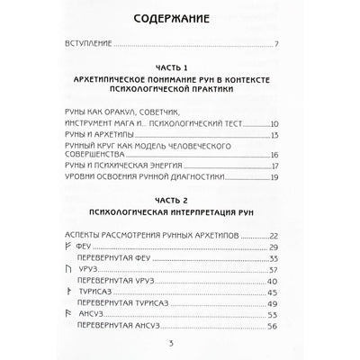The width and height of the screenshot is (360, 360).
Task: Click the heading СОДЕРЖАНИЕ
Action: click(x=180, y=17)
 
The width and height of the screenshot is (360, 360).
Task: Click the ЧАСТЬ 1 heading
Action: click(x=180, y=68)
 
